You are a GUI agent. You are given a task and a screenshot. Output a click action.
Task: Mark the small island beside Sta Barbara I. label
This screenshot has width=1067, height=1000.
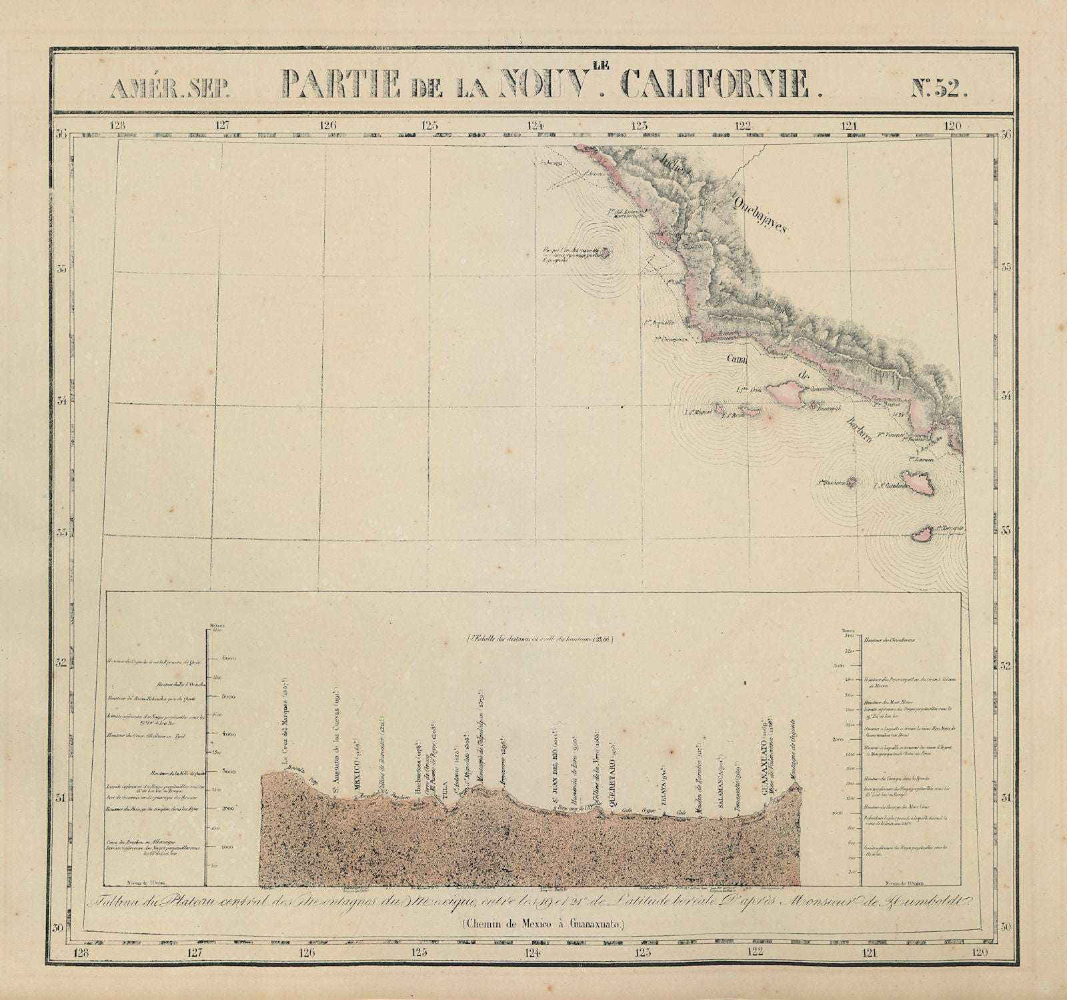click(850, 483)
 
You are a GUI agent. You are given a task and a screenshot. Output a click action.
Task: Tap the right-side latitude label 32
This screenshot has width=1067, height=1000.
click(1006, 665)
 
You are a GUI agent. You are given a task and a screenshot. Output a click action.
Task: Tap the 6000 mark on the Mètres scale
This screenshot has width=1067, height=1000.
click(229, 658)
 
